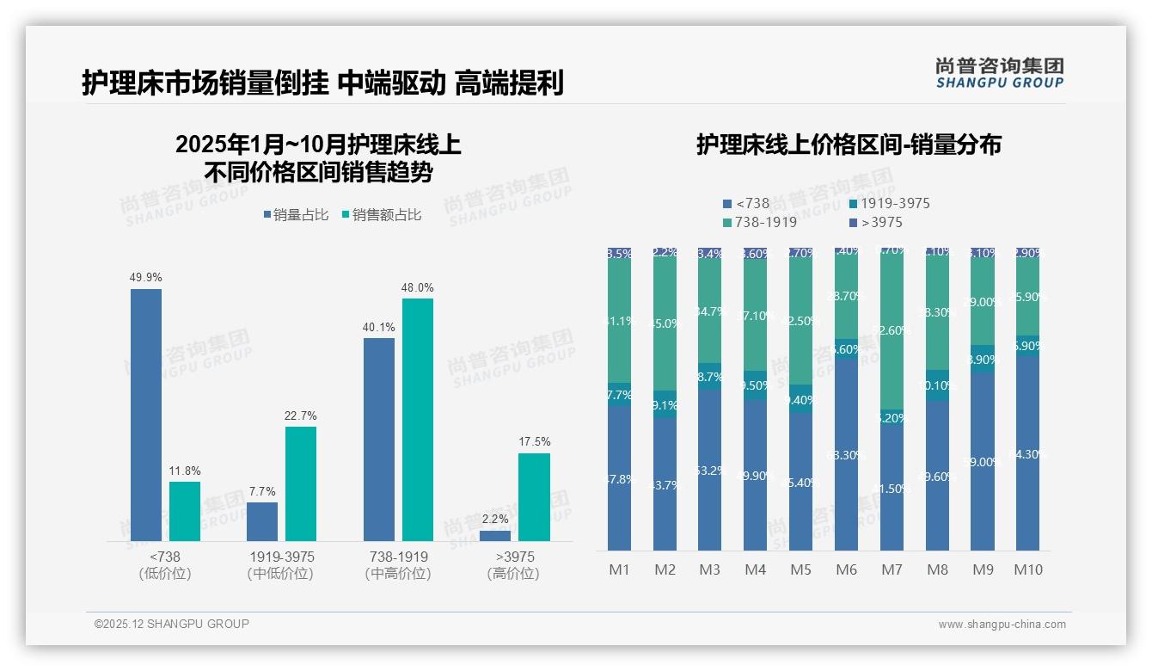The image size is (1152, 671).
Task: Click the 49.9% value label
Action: pyautogui.click(x=145, y=277)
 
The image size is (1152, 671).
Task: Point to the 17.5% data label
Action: pyautogui.click(x=534, y=441)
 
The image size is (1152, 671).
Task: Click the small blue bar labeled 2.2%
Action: pyautogui.click(x=495, y=535)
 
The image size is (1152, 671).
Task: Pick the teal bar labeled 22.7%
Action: pyautogui.click(x=301, y=483)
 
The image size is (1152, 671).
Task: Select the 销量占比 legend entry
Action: pyautogui.click(x=296, y=215)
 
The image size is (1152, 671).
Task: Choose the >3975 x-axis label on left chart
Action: pyautogui.click(x=515, y=557)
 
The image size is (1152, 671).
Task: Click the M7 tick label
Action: pyautogui.click(x=892, y=569)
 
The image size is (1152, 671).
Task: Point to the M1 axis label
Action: pyautogui.click(x=619, y=569)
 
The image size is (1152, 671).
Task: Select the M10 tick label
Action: pyautogui.click(x=1027, y=569)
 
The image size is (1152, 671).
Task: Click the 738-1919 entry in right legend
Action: pyautogui.click(x=759, y=222)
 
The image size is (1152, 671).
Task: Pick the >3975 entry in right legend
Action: pyautogui.click(x=875, y=222)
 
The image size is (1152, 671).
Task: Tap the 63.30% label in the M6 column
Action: pyautogui.click(x=847, y=455)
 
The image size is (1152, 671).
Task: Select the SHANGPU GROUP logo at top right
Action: pyautogui.click(x=999, y=73)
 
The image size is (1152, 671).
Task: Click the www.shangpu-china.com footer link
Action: pyautogui.click(x=1002, y=625)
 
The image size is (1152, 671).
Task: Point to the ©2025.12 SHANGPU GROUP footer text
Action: pyautogui.click(x=172, y=624)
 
